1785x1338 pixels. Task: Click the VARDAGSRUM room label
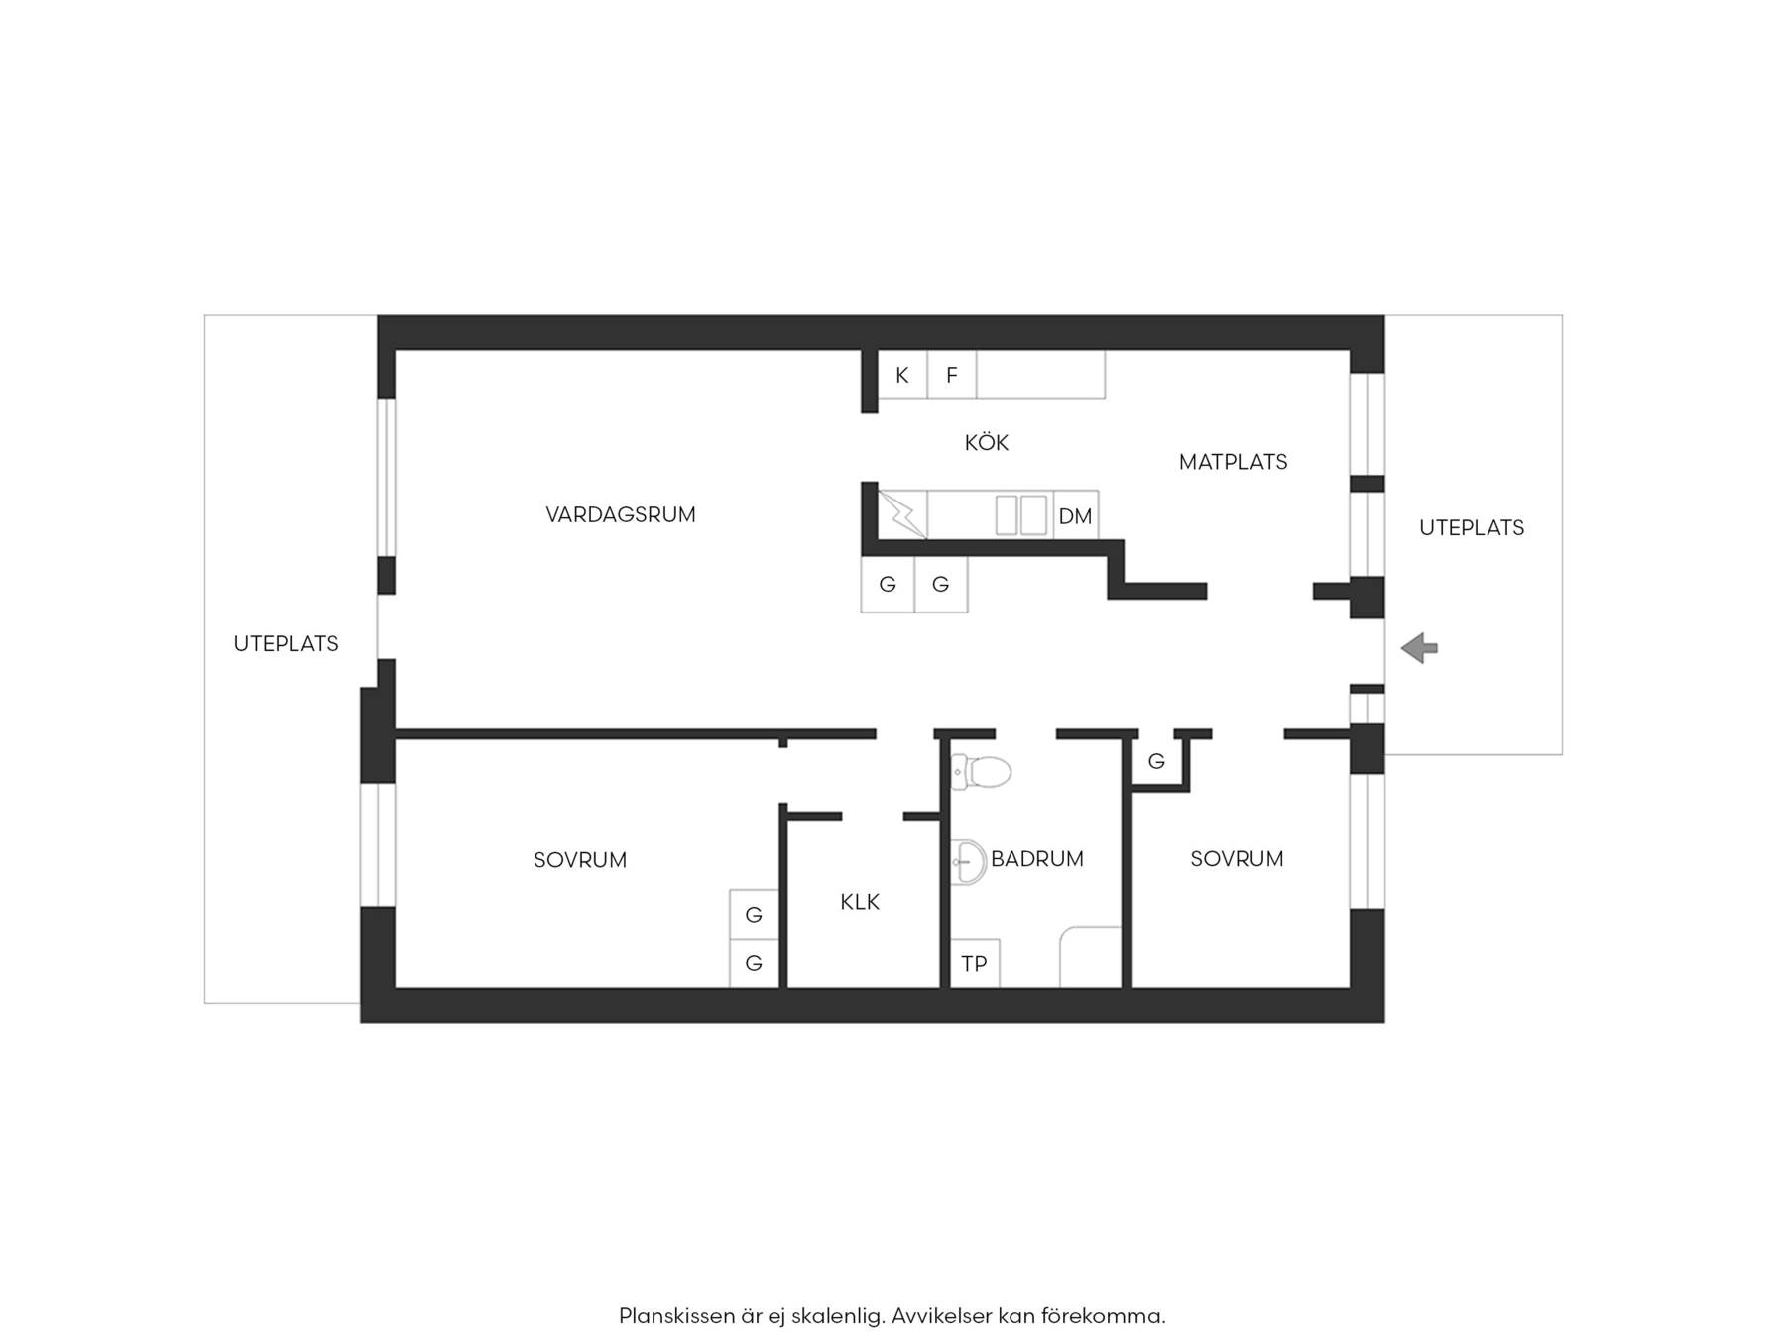tap(621, 514)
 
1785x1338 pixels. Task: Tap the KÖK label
tap(986, 442)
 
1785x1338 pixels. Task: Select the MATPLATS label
tap(1233, 461)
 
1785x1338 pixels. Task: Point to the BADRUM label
tap(1036, 858)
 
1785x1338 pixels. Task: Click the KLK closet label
tap(860, 901)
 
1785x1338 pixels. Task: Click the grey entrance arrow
tap(1419, 648)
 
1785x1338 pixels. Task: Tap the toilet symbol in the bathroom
tap(981, 771)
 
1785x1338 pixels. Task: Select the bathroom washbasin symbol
tap(968, 862)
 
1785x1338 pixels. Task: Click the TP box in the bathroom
tap(975, 963)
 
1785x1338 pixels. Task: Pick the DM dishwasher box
tap(1075, 515)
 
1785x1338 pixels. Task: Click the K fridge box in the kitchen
tap(902, 375)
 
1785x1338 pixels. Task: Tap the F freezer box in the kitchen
tap(952, 375)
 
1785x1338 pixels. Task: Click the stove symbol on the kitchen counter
tap(902, 515)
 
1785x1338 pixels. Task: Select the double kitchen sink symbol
tap(1021, 515)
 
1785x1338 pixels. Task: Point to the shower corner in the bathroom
tap(1091, 957)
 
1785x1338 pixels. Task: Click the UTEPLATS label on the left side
tap(286, 643)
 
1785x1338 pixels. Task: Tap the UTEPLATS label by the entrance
tap(1472, 527)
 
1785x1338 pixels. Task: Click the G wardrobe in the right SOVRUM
tap(1156, 761)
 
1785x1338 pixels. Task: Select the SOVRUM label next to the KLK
tap(580, 859)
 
